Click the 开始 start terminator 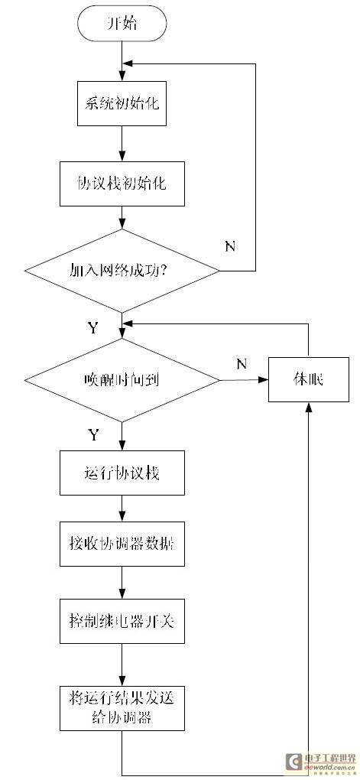click(122, 24)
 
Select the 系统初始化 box click(122, 104)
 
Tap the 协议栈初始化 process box click(122, 184)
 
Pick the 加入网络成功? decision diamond click(122, 271)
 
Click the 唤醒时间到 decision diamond click(122, 381)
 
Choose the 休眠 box click(308, 380)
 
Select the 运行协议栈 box click(122, 473)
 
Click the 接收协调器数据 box click(122, 544)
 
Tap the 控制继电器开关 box click(122, 621)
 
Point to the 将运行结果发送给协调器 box click(122, 708)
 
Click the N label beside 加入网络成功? click(230, 246)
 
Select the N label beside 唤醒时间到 click(242, 365)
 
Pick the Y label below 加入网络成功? click(93, 327)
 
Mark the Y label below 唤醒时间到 click(93, 435)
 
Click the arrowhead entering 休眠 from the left click(264, 380)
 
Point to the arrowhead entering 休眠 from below click(309, 406)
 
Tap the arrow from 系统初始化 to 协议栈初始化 click(122, 143)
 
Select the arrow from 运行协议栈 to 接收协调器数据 click(122, 508)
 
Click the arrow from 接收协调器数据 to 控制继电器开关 click(122, 583)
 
